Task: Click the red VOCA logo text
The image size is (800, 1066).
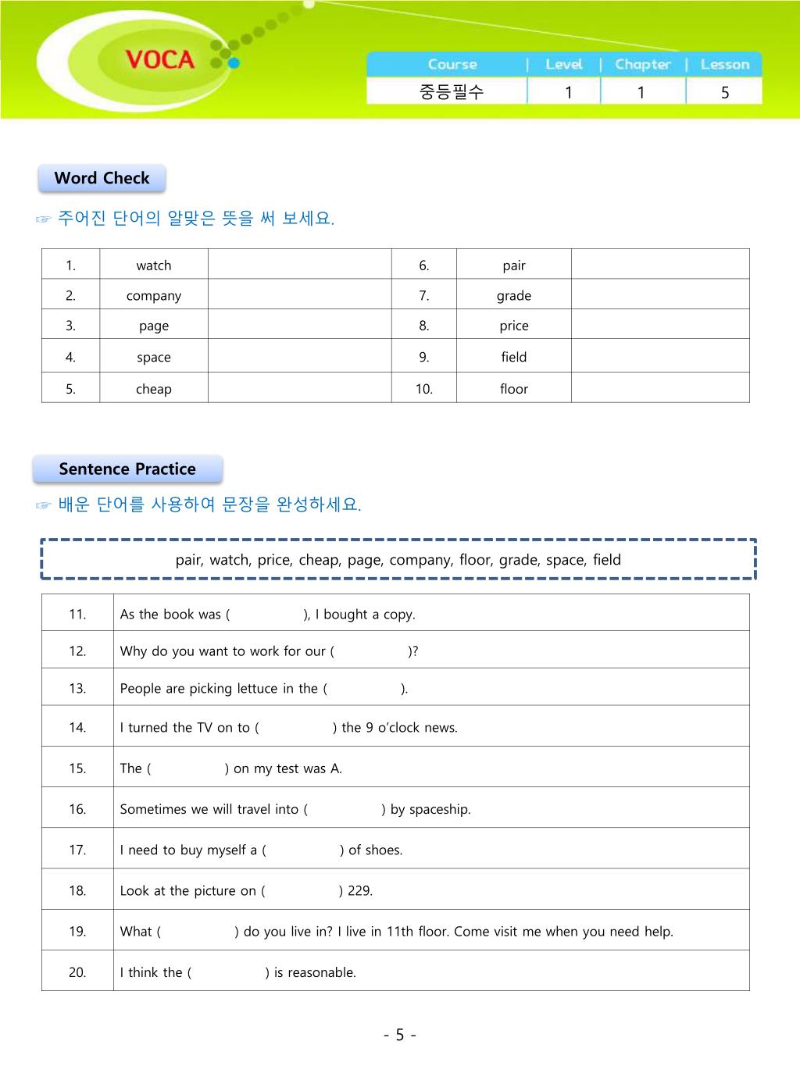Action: tap(159, 59)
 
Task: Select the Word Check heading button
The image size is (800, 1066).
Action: tap(102, 178)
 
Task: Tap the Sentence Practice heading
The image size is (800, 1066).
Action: tap(127, 469)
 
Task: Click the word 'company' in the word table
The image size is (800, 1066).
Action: tap(154, 296)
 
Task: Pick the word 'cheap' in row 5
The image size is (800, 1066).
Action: tap(154, 389)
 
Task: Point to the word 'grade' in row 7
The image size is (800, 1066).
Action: tap(514, 296)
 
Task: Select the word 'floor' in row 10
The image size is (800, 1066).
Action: tap(514, 389)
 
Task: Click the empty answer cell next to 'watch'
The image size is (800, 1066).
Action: tap(299, 265)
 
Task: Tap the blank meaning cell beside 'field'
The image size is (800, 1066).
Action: tap(660, 357)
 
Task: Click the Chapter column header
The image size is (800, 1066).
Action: tap(643, 65)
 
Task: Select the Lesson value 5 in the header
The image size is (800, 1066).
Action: tap(725, 92)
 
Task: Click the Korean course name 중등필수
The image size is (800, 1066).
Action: tap(452, 92)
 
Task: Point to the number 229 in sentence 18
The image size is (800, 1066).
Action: tap(359, 891)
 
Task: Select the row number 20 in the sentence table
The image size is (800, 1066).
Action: tap(77, 972)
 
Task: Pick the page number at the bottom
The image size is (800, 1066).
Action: tap(400, 1036)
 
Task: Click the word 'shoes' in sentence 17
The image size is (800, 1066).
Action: tap(383, 850)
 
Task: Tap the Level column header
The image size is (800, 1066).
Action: tap(564, 65)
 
